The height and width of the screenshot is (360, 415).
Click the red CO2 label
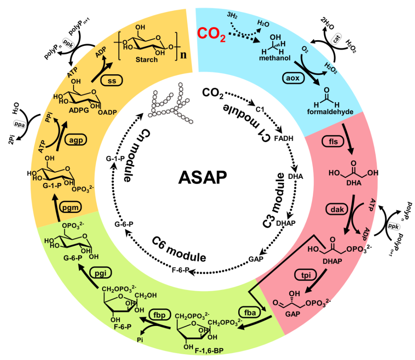tap(211, 34)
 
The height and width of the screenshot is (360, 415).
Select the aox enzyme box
tap(293, 78)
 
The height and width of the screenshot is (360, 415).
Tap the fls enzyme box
tap(333, 142)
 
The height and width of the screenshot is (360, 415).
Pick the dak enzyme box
tap(337, 209)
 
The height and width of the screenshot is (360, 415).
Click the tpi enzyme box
tap(306, 275)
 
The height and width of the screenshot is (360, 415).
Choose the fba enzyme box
tap(249, 313)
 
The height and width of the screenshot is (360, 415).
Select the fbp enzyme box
tap(159, 315)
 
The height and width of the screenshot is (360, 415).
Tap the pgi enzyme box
tap(100, 272)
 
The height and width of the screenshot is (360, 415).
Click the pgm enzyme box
tap(70, 207)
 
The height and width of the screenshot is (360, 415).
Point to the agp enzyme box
tap(76, 140)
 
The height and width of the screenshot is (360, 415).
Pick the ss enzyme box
tap(111, 81)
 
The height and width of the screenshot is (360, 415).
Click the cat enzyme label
tap(336, 39)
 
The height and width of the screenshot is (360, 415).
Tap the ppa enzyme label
tap(20, 124)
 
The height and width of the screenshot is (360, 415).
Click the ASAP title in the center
tap(203, 177)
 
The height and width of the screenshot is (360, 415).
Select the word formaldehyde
tap(330, 112)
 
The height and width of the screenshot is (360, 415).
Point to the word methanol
tap(275, 58)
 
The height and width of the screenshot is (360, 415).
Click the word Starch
tap(146, 60)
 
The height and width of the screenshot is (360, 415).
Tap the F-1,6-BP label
tap(209, 351)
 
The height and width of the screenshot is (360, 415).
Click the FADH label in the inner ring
tap(283, 138)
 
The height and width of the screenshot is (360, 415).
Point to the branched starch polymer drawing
tap(171, 103)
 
